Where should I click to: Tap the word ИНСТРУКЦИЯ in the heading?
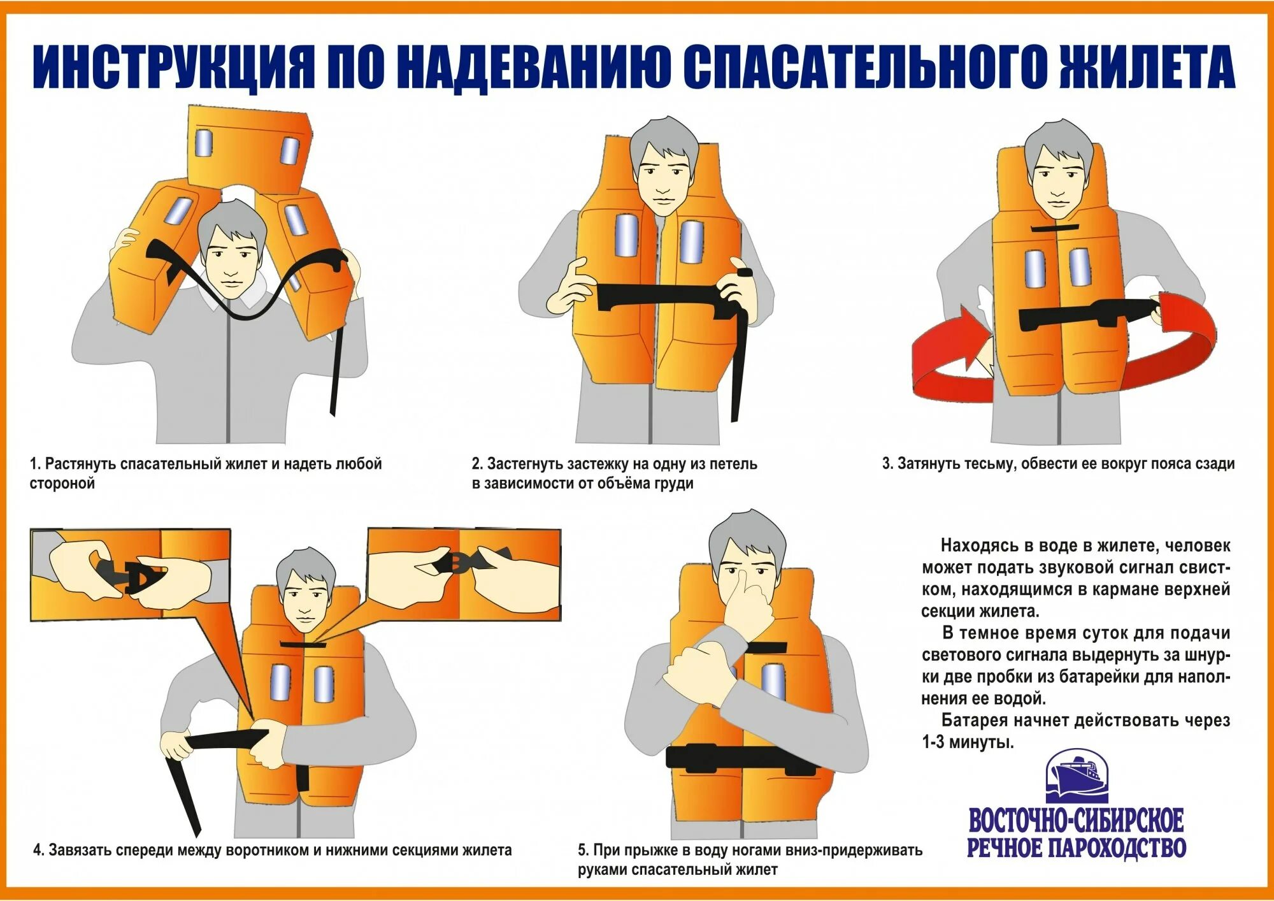[x=174, y=68]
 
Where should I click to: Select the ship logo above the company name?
[x=1077, y=776]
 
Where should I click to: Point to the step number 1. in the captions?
[x=35, y=464]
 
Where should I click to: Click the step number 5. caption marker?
[x=583, y=850]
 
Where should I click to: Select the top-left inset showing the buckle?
[x=130, y=575]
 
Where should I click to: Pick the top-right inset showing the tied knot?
[x=464, y=574]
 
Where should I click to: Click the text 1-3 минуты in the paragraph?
[x=968, y=742]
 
